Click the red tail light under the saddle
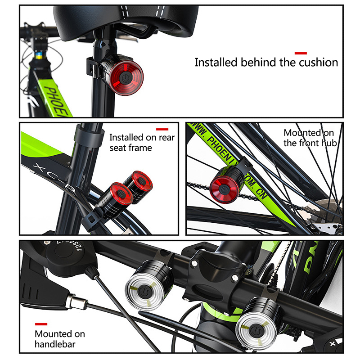(x=126, y=78)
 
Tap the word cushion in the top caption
(x=318, y=62)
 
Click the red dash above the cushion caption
(x=301, y=54)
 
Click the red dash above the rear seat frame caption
(x=162, y=129)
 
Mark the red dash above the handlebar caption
(x=41, y=324)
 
